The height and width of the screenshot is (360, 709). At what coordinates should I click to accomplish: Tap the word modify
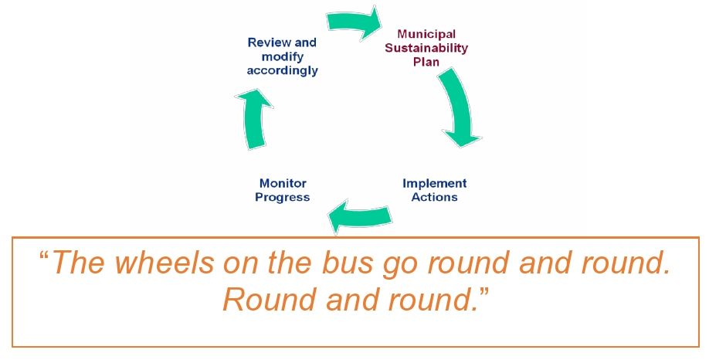tap(283, 57)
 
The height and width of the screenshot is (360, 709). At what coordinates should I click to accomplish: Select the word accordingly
tap(282, 71)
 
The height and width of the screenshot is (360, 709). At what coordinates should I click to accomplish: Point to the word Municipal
tap(426, 34)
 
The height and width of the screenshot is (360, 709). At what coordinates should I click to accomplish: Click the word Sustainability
tap(426, 48)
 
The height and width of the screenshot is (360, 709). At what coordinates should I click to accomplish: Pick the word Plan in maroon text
tap(426, 62)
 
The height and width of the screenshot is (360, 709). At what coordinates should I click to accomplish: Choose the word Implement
tap(435, 184)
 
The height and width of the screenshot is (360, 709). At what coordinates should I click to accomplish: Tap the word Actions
tap(434, 197)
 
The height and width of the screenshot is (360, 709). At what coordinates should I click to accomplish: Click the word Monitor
tap(283, 184)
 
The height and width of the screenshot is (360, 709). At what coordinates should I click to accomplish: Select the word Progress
tap(282, 198)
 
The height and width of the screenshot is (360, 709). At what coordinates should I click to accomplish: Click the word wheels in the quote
tap(165, 263)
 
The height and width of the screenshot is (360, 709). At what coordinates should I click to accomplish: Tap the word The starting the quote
tap(79, 263)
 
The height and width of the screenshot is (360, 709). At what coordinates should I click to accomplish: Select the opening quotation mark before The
tap(44, 256)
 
